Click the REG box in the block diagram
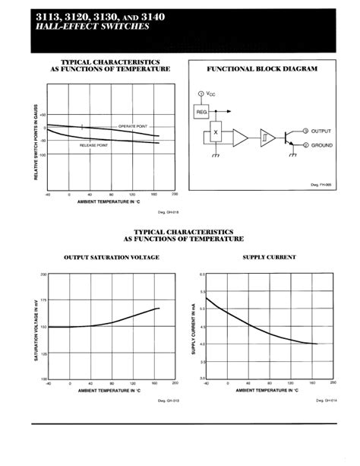[x=202, y=111]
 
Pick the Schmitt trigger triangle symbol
[x=265, y=138]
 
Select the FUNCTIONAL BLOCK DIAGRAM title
[x=262, y=69]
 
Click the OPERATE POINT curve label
[x=133, y=125]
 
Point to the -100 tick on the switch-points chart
[x=42, y=154]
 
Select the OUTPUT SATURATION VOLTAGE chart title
[x=111, y=257]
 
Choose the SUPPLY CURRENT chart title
[x=269, y=257]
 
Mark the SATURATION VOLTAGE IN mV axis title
[x=36, y=326]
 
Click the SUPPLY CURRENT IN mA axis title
[x=194, y=326]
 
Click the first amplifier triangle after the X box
[x=240, y=138]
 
